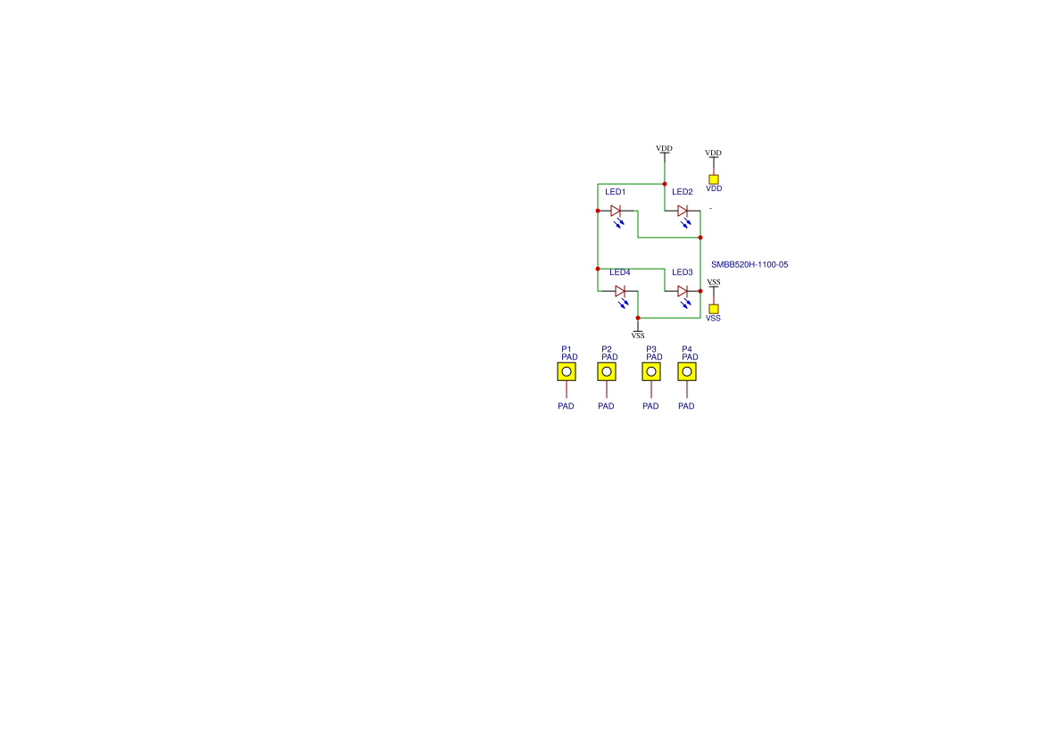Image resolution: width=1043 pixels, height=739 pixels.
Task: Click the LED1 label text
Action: click(x=616, y=192)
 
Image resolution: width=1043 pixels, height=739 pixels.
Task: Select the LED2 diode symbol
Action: click(x=683, y=211)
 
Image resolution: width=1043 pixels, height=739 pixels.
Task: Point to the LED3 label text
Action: click(x=683, y=272)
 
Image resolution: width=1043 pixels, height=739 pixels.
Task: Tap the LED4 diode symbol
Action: click(x=620, y=291)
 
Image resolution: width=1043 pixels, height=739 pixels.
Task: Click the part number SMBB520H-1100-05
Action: click(x=749, y=265)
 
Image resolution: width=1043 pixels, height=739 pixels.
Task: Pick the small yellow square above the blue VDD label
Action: click(x=714, y=179)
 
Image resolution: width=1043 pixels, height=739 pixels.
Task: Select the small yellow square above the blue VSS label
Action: click(x=714, y=310)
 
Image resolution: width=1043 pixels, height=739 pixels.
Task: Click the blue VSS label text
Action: click(x=713, y=319)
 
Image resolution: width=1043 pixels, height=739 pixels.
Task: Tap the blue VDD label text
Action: click(x=714, y=189)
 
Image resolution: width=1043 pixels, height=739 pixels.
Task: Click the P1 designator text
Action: click(x=566, y=349)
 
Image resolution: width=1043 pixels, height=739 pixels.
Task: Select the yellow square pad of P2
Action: click(x=607, y=372)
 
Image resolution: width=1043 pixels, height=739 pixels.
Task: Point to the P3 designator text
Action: click(x=651, y=349)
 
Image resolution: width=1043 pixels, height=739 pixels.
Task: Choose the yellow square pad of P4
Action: click(x=687, y=372)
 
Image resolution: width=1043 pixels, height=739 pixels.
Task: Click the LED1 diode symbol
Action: click(x=616, y=211)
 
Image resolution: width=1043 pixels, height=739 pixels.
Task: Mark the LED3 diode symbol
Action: click(x=683, y=291)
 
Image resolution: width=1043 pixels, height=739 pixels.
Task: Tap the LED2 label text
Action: click(x=683, y=192)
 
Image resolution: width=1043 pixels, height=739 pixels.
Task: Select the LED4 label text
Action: click(x=620, y=272)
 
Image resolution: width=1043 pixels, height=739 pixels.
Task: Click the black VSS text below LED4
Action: click(x=638, y=336)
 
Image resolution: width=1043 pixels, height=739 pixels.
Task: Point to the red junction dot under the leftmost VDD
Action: click(x=665, y=184)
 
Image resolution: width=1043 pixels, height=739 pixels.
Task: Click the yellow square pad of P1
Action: click(x=567, y=372)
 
